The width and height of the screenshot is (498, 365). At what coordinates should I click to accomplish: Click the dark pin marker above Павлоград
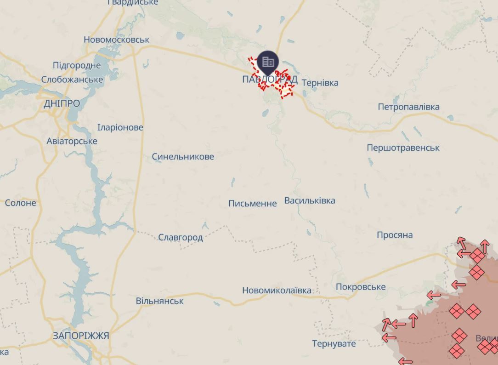click(x=268, y=62)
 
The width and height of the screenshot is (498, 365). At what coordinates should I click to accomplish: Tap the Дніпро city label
click(x=62, y=103)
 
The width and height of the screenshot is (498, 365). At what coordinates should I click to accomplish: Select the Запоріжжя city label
click(x=81, y=336)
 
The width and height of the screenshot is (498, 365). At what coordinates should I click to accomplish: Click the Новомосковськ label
click(x=116, y=40)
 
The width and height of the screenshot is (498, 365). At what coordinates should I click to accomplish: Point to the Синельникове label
click(x=183, y=157)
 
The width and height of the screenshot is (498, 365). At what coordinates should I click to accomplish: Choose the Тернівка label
click(x=320, y=83)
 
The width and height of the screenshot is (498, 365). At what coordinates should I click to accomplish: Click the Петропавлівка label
click(x=408, y=107)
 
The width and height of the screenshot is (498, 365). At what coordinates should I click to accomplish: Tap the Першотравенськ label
click(x=403, y=148)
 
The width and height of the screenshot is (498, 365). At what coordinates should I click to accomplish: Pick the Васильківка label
click(x=310, y=201)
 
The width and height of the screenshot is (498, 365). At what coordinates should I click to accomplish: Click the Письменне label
click(x=253, y=204)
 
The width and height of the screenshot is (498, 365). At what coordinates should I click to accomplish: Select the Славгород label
click(x=181, y=238)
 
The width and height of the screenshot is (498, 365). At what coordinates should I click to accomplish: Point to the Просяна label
click(x=395, y=235)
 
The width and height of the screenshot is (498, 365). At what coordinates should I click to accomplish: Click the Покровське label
click(x=361, y=287)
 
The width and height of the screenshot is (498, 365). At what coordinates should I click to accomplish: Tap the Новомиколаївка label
click(x=277, y=291)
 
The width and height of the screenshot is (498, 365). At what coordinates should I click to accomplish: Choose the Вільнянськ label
click(x=159, y=301)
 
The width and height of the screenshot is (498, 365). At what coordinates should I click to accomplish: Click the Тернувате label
click(x=334, y=344)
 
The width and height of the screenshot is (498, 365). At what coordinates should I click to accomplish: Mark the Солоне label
click(x=21, y=203)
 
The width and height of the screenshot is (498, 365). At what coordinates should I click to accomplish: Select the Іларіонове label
click(x=120, y=127)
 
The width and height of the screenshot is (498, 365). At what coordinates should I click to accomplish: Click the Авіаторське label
click(x=72, y=141)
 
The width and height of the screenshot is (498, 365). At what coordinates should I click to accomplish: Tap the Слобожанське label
click(x=72, y=80)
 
